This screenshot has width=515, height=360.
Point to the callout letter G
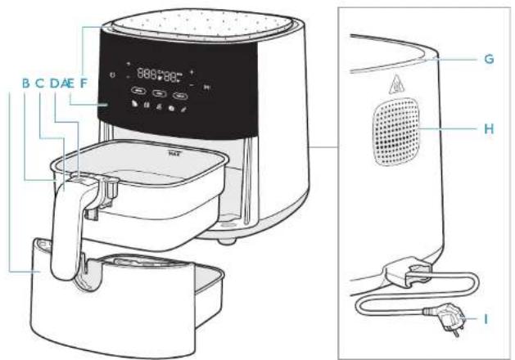click(x=489, y=60)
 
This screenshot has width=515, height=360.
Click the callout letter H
click(x=489, y=128)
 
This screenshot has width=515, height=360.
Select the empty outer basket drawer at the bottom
click(x=123, y=303)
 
